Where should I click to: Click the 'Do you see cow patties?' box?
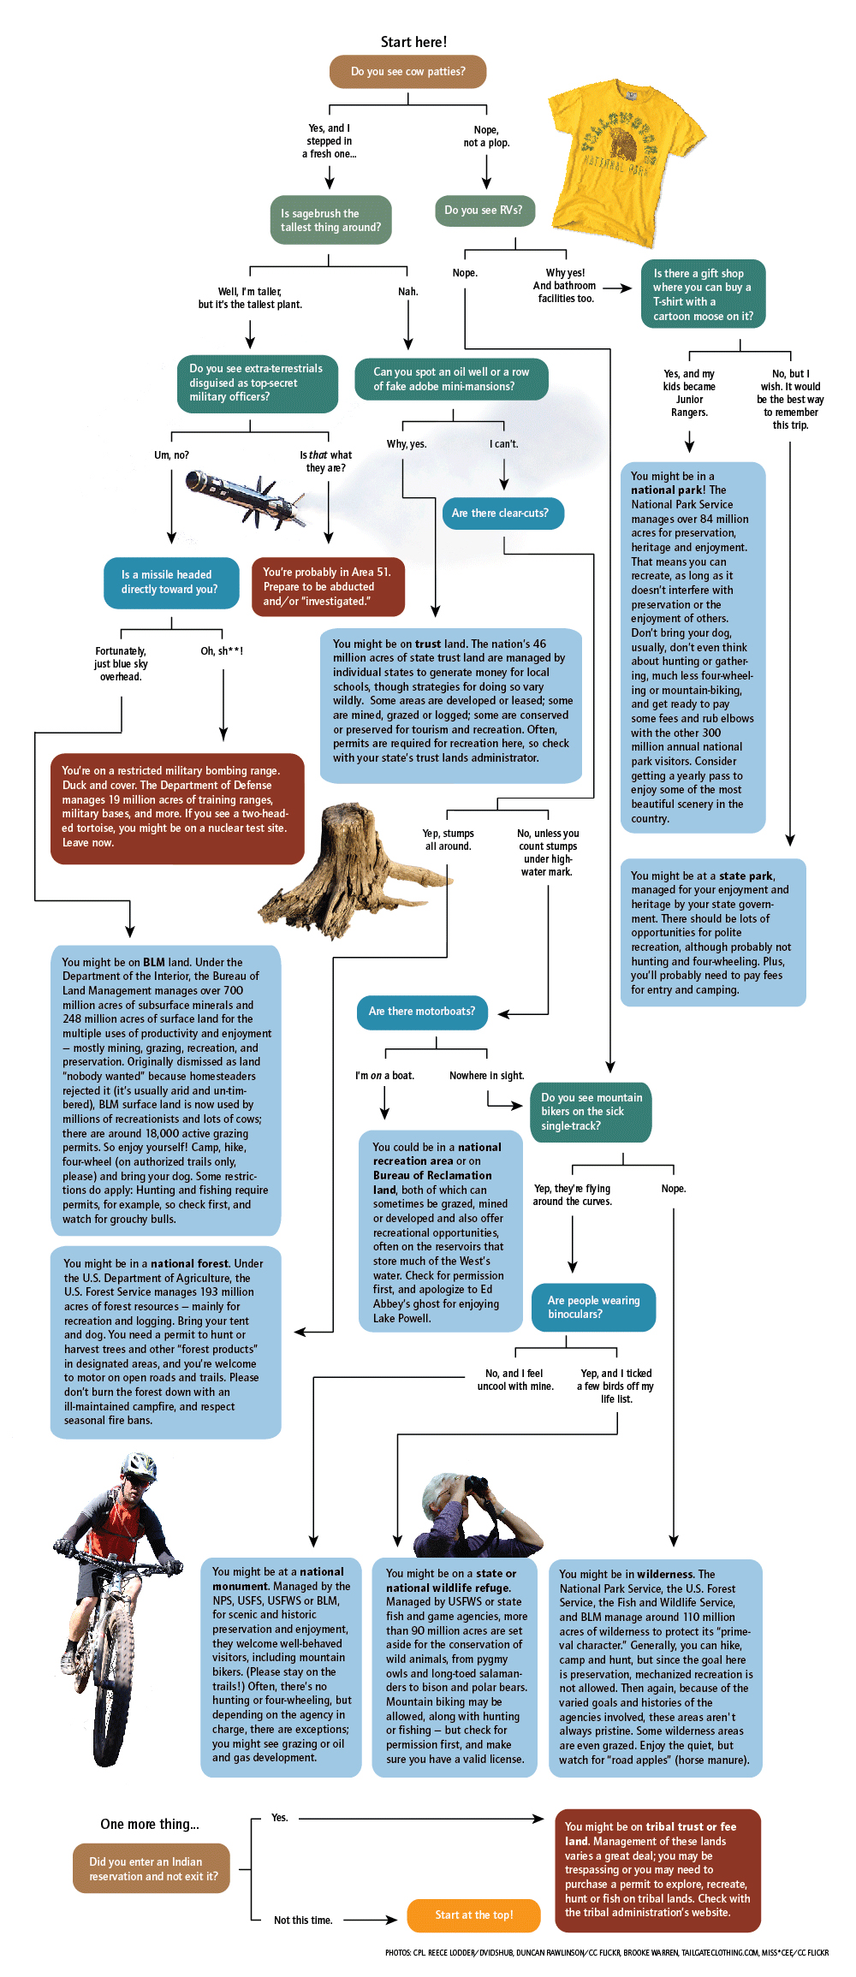click(407, 72)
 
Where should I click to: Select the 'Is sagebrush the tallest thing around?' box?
click(330, 221)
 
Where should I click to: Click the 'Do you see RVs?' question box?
click(484, 211)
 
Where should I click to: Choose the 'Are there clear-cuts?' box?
click(502, 514)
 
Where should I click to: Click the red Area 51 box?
click(327, 587)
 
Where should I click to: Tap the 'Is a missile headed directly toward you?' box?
click(169, 583)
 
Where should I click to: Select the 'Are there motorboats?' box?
click(422, 1012)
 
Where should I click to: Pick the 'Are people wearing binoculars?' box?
click(593, 1308)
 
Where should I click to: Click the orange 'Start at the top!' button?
click(473, 1915)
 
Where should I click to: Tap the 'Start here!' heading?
click(413, 42)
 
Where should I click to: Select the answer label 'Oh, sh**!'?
click(222, 651)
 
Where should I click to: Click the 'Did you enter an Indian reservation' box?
click(152, 1868)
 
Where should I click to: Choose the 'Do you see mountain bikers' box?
click(591, 1112)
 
